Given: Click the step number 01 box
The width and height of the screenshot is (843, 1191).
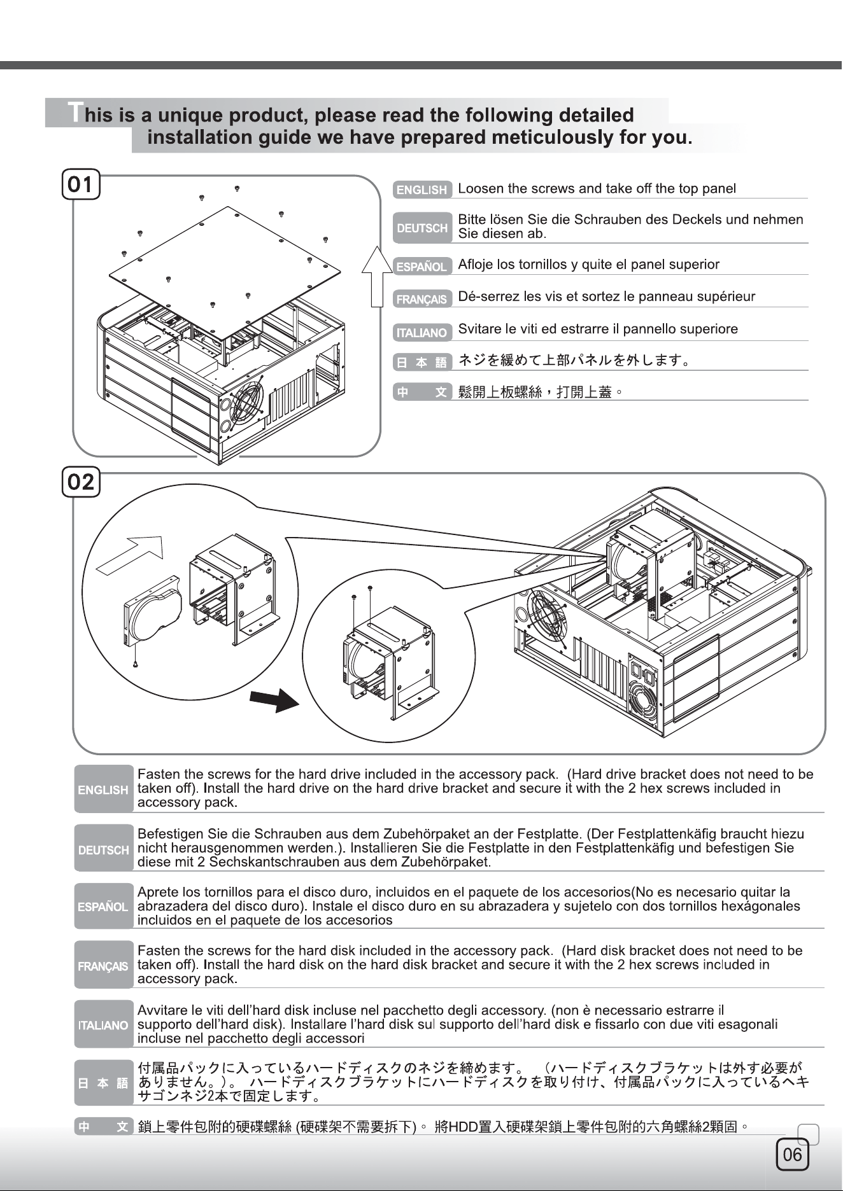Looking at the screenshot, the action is click(x=81, y=185).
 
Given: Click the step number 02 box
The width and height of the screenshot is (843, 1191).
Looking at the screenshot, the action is click(x=81, y=482).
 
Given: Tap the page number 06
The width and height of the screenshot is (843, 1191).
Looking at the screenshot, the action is click(x=792, y=1154).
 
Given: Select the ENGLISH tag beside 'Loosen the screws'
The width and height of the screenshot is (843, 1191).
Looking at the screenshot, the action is click(x=422, y=190).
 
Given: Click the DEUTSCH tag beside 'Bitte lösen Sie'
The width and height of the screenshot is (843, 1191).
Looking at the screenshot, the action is click(x=422, y=228).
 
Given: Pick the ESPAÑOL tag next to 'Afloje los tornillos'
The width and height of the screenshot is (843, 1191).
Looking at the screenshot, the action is click(x=422, y=267).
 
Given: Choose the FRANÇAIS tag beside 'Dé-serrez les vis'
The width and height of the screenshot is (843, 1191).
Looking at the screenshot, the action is click(x=422, y=299).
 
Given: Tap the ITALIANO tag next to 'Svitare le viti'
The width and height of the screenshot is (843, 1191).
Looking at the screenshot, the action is click(x=422, y=332).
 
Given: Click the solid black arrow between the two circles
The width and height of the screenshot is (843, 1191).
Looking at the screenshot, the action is click(x=274, y=700).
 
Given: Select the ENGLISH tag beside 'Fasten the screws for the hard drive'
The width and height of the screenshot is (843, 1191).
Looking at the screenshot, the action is click(x=103, y=790).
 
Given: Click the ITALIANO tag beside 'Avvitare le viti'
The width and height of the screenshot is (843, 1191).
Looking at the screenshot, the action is click(x=103, y=1025).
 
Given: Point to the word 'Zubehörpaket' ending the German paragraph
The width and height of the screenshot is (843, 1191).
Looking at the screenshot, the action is click(x=445, y=863).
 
